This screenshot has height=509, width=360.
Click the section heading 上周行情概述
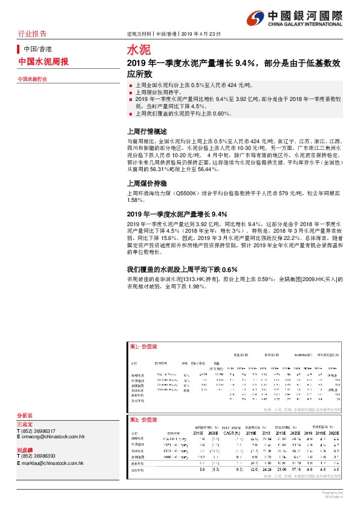[146, 131]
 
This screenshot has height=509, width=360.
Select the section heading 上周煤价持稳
[146, 181]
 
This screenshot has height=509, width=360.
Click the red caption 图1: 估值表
[143, 346]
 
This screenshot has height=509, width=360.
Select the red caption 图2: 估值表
[143, 420]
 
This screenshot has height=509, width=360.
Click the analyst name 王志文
[25, 424]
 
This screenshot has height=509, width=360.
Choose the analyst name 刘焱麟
[25, 450]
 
